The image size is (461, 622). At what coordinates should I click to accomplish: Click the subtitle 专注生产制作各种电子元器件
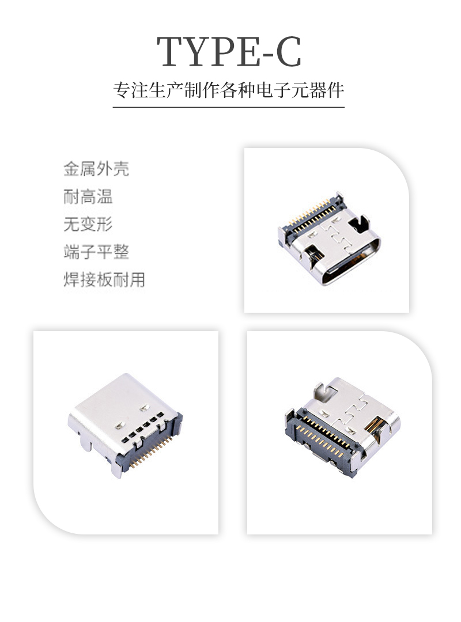pos(229,91)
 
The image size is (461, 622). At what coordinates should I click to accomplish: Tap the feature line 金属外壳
pos(96,169)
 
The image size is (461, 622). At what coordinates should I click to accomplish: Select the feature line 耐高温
pos(88,197)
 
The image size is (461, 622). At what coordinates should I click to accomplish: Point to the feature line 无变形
pos(88,225)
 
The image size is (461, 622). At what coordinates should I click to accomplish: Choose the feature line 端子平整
pos(96,252)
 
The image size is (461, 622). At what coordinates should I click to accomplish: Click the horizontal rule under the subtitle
pos(229,107)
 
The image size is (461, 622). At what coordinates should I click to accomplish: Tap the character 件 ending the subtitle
pos(336,91)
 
